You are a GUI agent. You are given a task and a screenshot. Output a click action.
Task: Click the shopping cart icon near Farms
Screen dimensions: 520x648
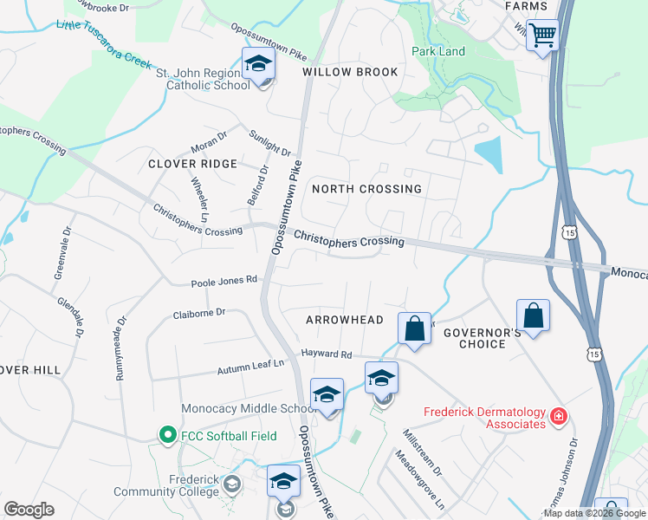click(542, 36)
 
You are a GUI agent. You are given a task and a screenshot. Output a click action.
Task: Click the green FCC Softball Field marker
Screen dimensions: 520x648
click(166, 433)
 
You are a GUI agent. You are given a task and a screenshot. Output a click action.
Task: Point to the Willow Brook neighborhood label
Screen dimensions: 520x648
click(350, 72)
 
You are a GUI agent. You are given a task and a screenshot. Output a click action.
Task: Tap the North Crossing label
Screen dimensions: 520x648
click(366, 189)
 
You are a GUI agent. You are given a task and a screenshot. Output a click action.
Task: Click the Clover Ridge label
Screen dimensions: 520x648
click(192, 164)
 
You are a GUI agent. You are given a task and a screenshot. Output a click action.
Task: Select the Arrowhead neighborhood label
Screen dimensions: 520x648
click(344, 320)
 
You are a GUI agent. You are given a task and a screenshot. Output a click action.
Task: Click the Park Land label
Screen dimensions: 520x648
click(437, 51)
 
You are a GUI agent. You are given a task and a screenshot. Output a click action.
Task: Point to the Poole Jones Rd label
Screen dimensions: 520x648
click(224, 281)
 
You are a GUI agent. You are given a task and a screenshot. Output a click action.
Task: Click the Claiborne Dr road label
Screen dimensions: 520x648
click(198, 313)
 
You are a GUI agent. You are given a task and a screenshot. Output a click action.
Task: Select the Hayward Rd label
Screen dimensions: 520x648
click(326, 354)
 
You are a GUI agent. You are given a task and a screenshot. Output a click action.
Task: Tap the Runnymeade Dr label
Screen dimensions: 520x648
click(120, 348)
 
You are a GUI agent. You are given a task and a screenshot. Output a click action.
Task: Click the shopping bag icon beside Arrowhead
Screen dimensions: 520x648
click(415, 329)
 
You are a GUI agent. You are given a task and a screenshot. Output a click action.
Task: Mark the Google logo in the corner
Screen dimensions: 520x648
click(29, 510)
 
